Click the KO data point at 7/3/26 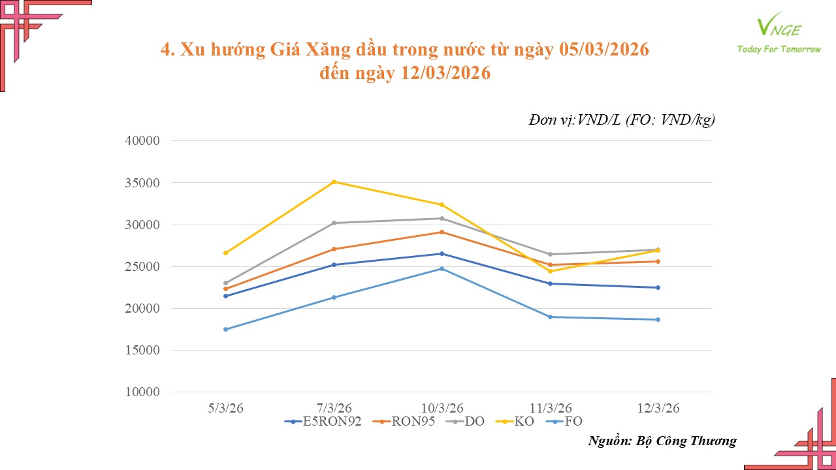coord(334,181)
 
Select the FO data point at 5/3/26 coord(226,329)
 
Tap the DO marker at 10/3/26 coord(442,218)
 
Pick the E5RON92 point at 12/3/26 coord(658,287)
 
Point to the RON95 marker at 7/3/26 coord(334,249)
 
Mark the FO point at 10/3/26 coord(442,268)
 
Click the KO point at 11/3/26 coord(550,271)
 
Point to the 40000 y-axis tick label coord(143,141)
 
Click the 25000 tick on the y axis coord(143,266)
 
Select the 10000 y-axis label coord(143,392)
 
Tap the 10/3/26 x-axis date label coord(442,407)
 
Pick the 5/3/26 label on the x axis coord(226,407)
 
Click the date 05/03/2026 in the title coord(604,50)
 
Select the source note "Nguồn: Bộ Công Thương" coord(662,441)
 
